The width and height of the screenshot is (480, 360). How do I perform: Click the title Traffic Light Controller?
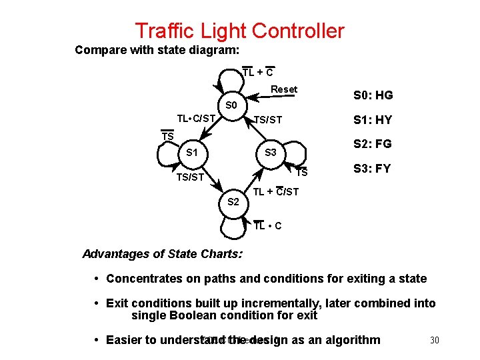point(239,31)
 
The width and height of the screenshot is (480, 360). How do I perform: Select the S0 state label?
point(232,105)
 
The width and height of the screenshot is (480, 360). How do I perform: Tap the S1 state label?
point(191,153)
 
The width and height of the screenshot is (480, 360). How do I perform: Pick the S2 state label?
point(234,201)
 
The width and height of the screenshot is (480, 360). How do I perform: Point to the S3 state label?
point(271,153)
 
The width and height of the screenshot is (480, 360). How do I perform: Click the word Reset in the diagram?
point(284,89)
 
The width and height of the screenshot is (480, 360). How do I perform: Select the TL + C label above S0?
point(257,72)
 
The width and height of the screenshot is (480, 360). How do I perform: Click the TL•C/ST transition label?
point(196,119)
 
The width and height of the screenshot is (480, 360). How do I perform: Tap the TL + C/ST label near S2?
point(276,193)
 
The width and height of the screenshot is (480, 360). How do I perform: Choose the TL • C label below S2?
point(268,226)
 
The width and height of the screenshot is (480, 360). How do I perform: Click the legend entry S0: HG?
point(373,95)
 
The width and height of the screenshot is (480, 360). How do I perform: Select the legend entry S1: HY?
point(373,120)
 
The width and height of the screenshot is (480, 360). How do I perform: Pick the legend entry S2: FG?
point(373,144)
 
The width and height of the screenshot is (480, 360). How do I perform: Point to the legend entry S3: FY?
point(373,169)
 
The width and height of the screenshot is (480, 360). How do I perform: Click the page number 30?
point(435,341)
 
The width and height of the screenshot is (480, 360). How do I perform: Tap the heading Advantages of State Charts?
point(162,254)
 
